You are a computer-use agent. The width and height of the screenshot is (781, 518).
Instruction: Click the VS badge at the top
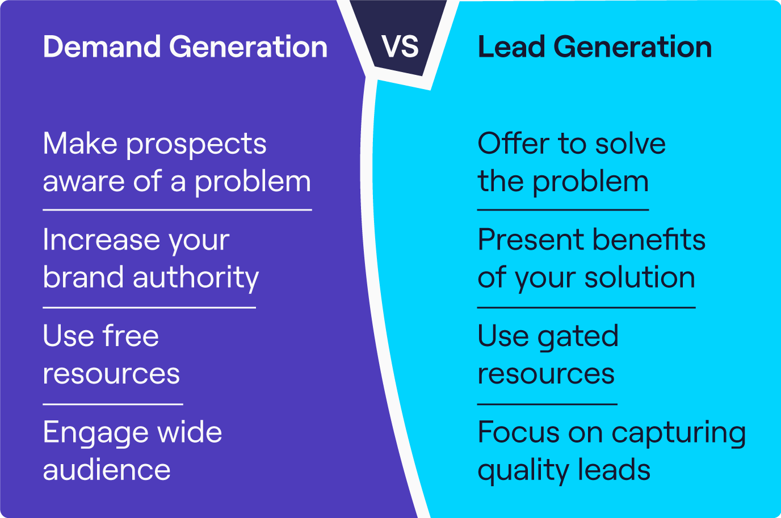401,47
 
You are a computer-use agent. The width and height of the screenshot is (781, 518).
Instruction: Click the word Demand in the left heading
102,47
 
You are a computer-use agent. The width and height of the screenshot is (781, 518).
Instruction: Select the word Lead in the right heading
511,47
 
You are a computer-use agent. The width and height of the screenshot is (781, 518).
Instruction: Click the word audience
107,470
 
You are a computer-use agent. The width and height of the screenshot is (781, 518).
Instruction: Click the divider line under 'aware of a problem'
177,210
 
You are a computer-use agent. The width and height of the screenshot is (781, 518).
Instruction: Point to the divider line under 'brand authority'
149,308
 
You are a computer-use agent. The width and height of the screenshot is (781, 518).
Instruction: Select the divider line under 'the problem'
562,210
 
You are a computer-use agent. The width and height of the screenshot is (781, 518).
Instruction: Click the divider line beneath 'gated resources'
547,405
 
